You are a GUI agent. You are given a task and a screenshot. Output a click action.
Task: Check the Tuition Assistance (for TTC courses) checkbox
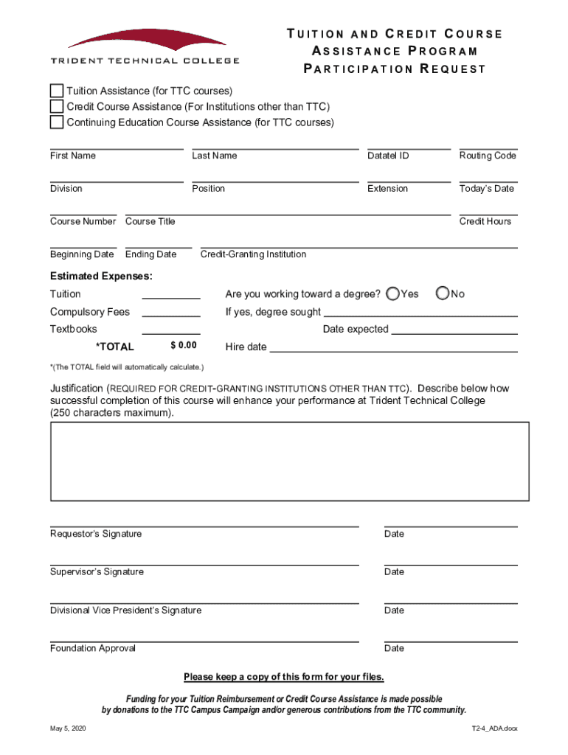coord(57,91)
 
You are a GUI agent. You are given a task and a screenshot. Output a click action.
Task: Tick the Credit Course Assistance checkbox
coord(57,107)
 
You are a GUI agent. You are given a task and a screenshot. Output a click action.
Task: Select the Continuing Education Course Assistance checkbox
coord(57,122)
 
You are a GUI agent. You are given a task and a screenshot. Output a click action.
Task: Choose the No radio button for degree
coord(443,293)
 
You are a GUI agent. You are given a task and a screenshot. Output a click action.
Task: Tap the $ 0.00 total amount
coord(184,346)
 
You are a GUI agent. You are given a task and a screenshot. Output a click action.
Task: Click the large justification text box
coord(289,462)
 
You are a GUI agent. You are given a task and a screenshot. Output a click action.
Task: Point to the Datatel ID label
coord(388,156)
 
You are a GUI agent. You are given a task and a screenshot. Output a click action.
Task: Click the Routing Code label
coord(488,156)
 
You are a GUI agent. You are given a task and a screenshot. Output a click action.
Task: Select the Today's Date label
coord(486,189)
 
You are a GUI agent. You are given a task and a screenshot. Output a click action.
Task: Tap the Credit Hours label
coord(485,221)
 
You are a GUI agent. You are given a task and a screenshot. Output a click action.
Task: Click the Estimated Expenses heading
coord(102,276)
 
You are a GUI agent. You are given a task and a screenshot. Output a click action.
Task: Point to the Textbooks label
coord(74,330)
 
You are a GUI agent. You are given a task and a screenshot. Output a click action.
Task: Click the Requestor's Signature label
coord(96,534)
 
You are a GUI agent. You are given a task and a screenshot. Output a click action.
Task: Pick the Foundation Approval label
coord(93,649)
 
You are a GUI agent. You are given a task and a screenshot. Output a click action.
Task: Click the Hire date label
coord(246,347)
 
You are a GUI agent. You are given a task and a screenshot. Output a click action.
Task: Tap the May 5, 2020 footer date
coord(69,728)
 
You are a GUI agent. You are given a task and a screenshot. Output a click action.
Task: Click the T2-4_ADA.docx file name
coord(495,728)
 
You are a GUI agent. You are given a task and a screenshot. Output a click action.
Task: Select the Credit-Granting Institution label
coord(253,254)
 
